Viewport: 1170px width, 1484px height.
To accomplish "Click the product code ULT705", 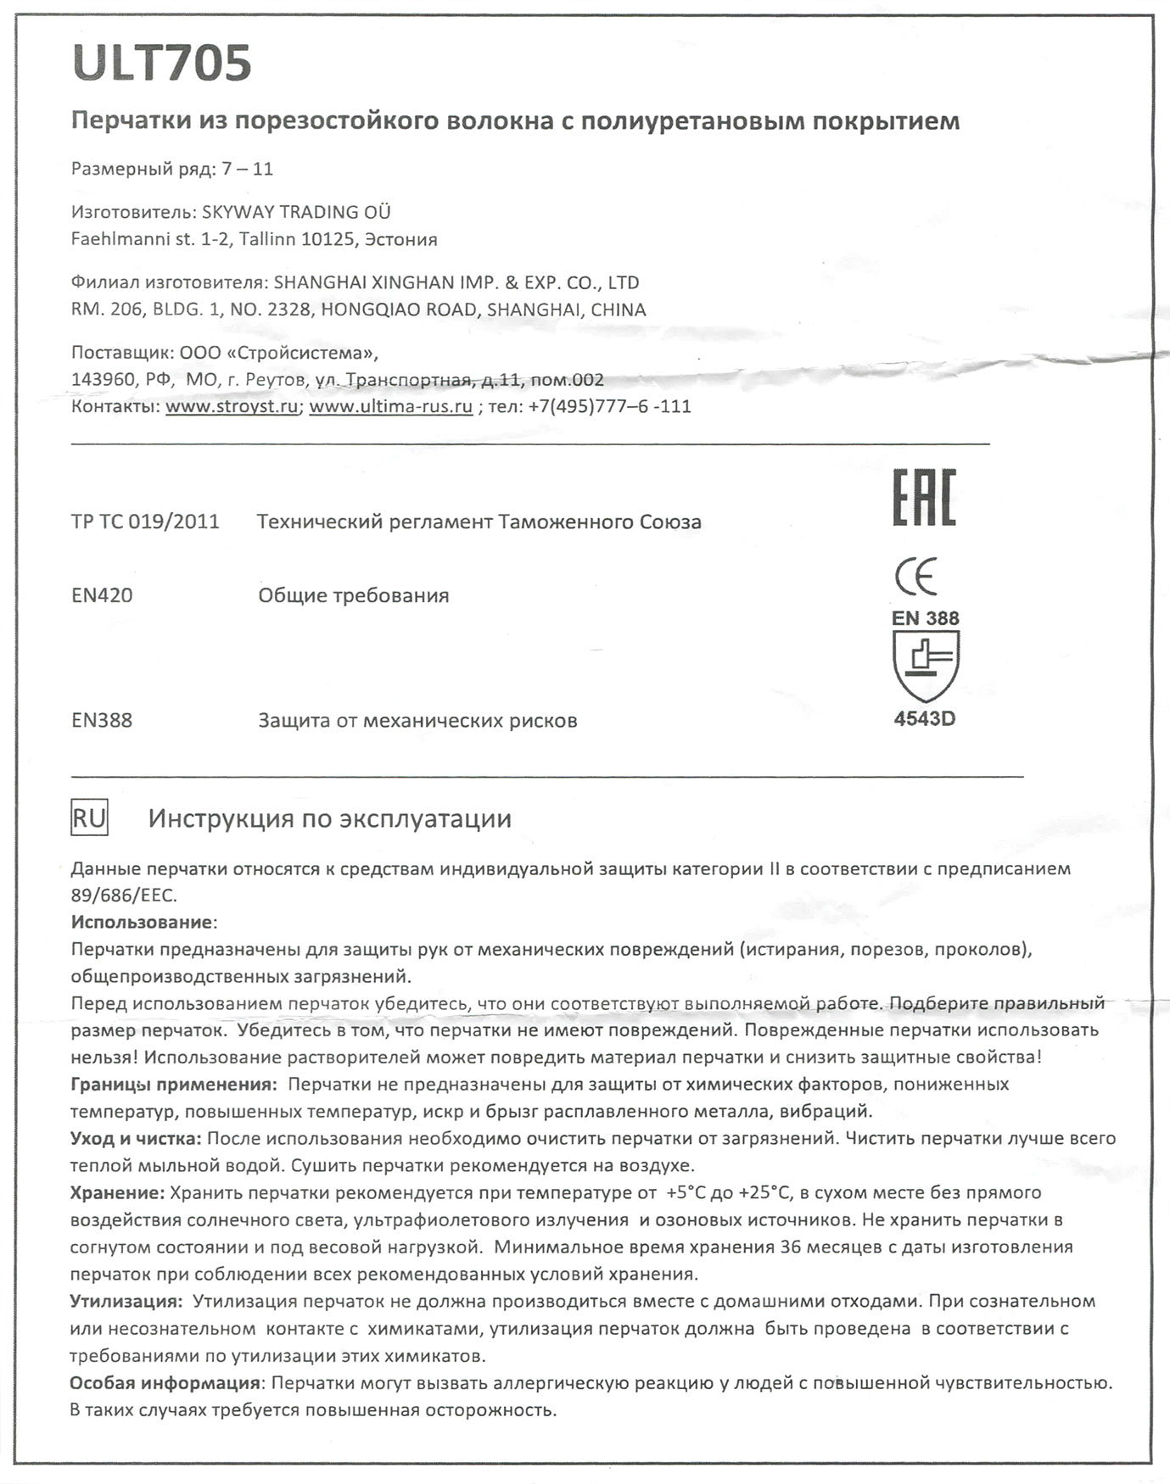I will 162,64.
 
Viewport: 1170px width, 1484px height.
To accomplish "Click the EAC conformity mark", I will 924,497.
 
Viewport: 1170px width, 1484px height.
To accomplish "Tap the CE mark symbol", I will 916,577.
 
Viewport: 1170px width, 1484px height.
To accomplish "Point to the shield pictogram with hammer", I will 926,664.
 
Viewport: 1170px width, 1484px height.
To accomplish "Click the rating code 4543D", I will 925,719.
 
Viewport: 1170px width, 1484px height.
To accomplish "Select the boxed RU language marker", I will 89,818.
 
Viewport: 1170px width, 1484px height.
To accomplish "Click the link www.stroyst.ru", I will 232,406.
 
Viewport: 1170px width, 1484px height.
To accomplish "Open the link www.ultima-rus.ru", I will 390,406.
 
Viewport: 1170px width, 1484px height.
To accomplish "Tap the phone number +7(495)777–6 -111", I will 609,406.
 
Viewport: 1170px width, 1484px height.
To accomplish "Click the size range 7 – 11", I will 247,169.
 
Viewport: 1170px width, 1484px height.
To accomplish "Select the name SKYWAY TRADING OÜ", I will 296,212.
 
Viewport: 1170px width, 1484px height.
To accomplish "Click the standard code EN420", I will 102,595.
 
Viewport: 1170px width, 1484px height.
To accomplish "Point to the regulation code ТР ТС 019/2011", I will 145,522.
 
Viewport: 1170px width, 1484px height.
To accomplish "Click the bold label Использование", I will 142,922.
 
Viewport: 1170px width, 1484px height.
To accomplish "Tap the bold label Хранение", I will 116,1193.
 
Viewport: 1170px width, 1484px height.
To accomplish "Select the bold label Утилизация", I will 125,1302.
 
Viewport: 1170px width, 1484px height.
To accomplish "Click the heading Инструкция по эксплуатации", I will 330,818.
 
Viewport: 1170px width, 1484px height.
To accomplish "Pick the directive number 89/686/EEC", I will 123,895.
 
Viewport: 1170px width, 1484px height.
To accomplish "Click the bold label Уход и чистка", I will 135,1139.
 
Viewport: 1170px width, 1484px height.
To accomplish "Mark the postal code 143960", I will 101,379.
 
